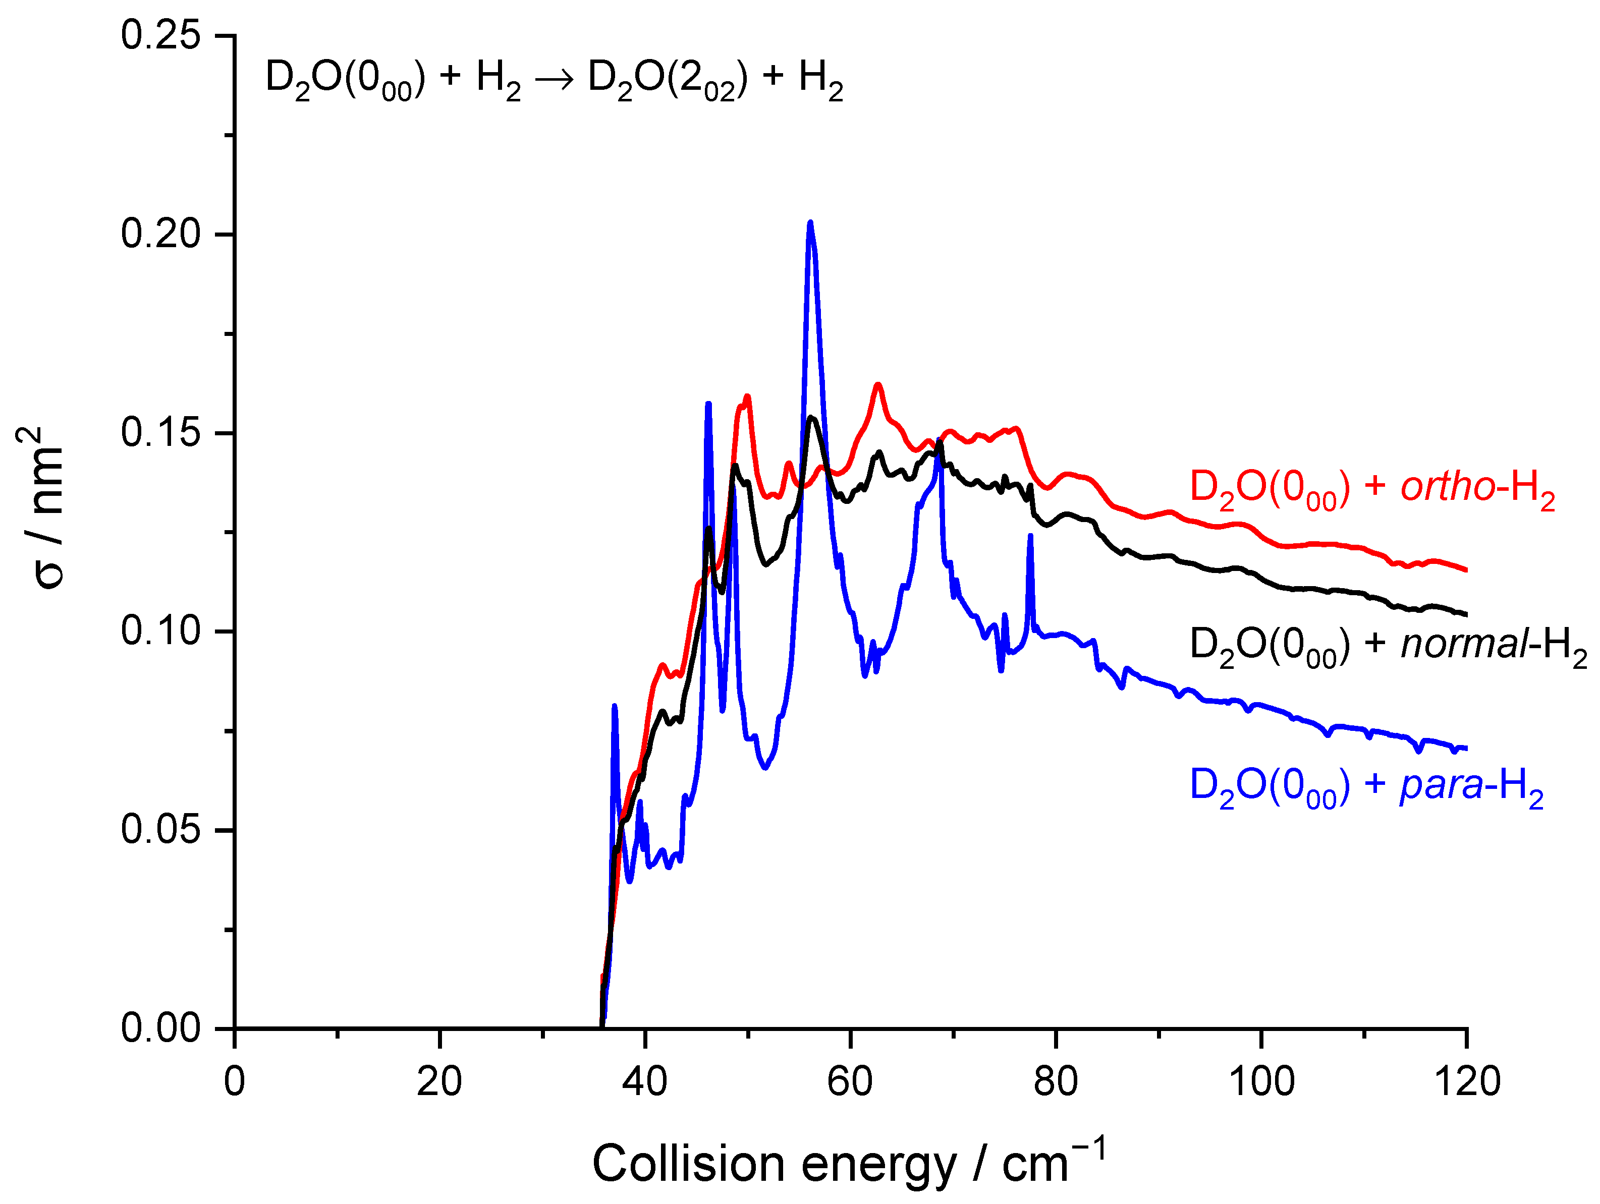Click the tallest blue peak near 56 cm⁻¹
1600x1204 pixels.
pyautogui.click(x=810, y=223)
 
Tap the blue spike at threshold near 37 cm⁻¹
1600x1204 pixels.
pyautogui.click(x=614, y=707)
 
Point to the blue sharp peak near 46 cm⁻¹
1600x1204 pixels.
pyautogui.click(x=708, y=404)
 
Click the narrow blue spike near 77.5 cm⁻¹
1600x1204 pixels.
pyautogui.click(x=1030, y=537)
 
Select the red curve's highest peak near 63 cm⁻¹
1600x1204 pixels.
pyautogui.click(x=878, y=385)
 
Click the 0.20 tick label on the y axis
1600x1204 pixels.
pyautogui.click(x=160, y=234)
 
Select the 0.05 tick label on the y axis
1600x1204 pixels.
pyautogui.click(x=160, y=829)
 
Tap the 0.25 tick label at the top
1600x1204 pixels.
pyautogui.click(x=160, y=35)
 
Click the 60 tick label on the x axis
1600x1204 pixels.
pyautogui.click(x=850, y=1082)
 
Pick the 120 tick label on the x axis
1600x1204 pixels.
pyautogui.click(x=1466, y=1082)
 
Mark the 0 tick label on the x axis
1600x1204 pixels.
pyautogui.click(x=234, y=1082)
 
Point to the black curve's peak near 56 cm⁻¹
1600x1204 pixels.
pyautogui.click(x=811, y=418)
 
